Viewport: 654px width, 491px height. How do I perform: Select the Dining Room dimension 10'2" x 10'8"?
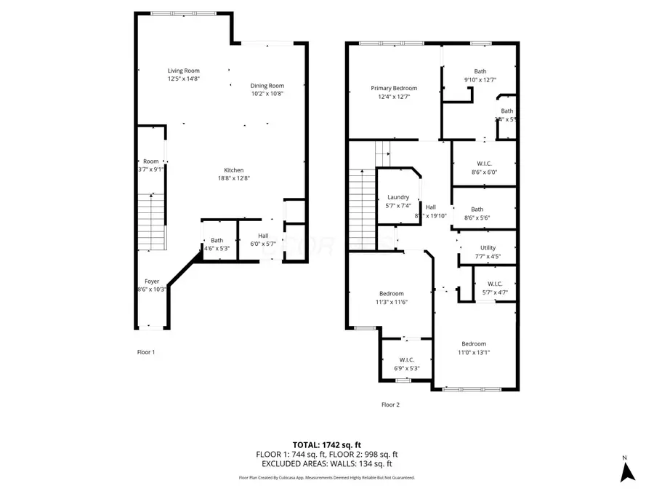[x=267, y=93]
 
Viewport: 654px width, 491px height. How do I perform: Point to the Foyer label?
[x=151, y=281]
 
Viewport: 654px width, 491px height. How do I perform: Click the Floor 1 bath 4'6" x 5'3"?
[x=217, y=244]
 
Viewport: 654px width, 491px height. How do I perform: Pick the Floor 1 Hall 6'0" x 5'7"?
[x=263, y=239]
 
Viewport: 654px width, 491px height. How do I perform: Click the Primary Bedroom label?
[x=393, y=88]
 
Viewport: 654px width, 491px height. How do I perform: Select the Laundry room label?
[x=397, y=197]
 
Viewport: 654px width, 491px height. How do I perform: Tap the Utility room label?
[x=488, y=248]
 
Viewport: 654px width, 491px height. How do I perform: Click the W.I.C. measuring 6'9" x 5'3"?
[x=406, y=364]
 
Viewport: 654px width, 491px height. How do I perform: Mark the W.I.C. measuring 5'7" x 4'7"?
[x=495, y=288]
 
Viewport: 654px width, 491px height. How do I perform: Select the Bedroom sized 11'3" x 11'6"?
[x=391, y=298]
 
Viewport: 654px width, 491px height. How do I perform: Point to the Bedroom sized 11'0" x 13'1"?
[x=474, y=348]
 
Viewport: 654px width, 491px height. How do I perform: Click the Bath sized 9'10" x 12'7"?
[x=480, y=76]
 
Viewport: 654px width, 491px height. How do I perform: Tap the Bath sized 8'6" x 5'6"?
[x=477, y=213]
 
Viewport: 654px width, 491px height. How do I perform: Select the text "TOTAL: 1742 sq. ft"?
[x=326, y=444]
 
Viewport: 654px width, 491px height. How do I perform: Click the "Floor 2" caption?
[x=390, y=404]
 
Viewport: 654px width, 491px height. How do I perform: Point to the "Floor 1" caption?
[x=146, y=352]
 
